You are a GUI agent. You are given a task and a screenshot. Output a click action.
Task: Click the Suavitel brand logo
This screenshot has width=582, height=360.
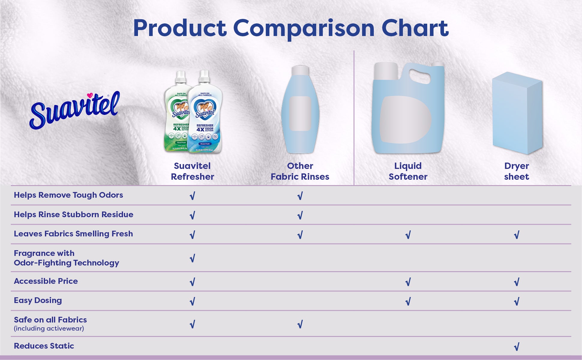tap(74, 110)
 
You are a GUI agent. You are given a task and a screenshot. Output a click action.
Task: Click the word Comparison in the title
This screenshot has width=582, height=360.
tap(304, 28)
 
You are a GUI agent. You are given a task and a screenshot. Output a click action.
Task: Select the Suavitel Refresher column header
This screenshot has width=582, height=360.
tap(192, 171)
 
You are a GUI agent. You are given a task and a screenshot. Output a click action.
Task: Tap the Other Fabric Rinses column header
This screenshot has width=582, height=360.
tap(300, 171)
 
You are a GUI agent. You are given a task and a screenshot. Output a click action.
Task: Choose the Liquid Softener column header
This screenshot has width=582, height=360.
tap(408, 171)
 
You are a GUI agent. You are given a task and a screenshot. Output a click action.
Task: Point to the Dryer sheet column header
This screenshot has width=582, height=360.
tap(516, 171)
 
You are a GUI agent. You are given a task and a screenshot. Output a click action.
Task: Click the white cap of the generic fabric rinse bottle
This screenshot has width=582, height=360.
tap(300, 70)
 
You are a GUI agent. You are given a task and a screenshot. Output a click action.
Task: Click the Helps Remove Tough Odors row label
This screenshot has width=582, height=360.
tap(68, 195)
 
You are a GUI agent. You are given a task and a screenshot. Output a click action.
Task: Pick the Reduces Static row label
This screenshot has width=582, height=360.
tap(44, 346)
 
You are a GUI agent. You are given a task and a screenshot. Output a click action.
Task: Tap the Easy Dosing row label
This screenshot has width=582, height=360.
tap(38, 300)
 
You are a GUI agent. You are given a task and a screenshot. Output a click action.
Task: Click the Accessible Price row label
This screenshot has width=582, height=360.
tap(46, 281)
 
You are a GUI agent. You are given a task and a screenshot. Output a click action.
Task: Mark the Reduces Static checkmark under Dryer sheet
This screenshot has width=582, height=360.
tap(516, 347)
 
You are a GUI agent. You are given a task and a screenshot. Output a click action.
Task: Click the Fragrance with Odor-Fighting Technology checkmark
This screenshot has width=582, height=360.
tap(192, 258)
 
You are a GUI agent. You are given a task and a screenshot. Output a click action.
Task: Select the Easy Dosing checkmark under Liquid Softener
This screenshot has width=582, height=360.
tap(408, 301)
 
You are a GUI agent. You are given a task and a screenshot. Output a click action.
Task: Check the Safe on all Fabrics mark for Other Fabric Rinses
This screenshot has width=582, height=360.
tap(300, 324)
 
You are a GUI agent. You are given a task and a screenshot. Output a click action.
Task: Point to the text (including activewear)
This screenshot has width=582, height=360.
tap(49, 328)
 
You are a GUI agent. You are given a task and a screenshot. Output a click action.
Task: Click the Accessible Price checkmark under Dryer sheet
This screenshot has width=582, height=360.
tap(516, 282)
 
